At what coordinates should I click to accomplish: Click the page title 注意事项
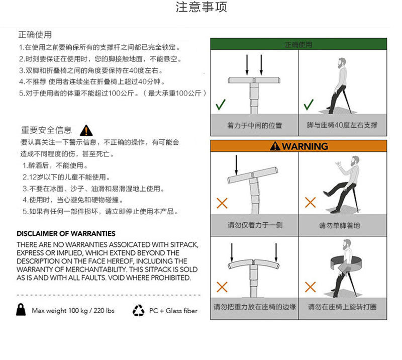pyautogui.click(x=201, y=8)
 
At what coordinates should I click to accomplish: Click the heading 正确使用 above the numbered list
pyautogui.click(x=35, y=35)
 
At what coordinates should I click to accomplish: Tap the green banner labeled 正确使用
pyautogui.click(x=298, y=45)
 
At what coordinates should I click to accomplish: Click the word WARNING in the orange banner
pyautogui.click(x=305, y=146)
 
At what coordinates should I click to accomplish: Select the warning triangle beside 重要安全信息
pyautogui.click(x=86, y=131)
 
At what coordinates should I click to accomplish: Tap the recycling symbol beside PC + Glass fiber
pyautogui.click(x=138, y=311)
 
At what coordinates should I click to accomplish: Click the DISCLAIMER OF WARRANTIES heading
pyautogui.click(x=66, y=234)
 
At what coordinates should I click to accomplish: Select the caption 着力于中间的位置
pyautogui.click(x=254, y=126)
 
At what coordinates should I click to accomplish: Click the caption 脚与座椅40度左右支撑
pyautogui.click(x=342, y=126)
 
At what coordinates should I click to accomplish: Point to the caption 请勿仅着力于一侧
pyautogui.click(x=254, y=225)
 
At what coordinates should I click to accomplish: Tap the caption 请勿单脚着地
pyautogui.click(x=340, y=225)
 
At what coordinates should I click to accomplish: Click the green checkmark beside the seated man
pyautogui.click(x=309, y=105)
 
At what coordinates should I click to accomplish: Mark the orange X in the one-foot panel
pyautogui.click(x=310, y=203)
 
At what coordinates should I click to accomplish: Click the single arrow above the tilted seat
pyautogui.click(x=236, y=164)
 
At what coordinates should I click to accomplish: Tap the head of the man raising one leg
pyautogui.click(x=355, y=161)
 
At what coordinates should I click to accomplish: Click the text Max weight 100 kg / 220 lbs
pyautogui.click(x=73, y=311)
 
